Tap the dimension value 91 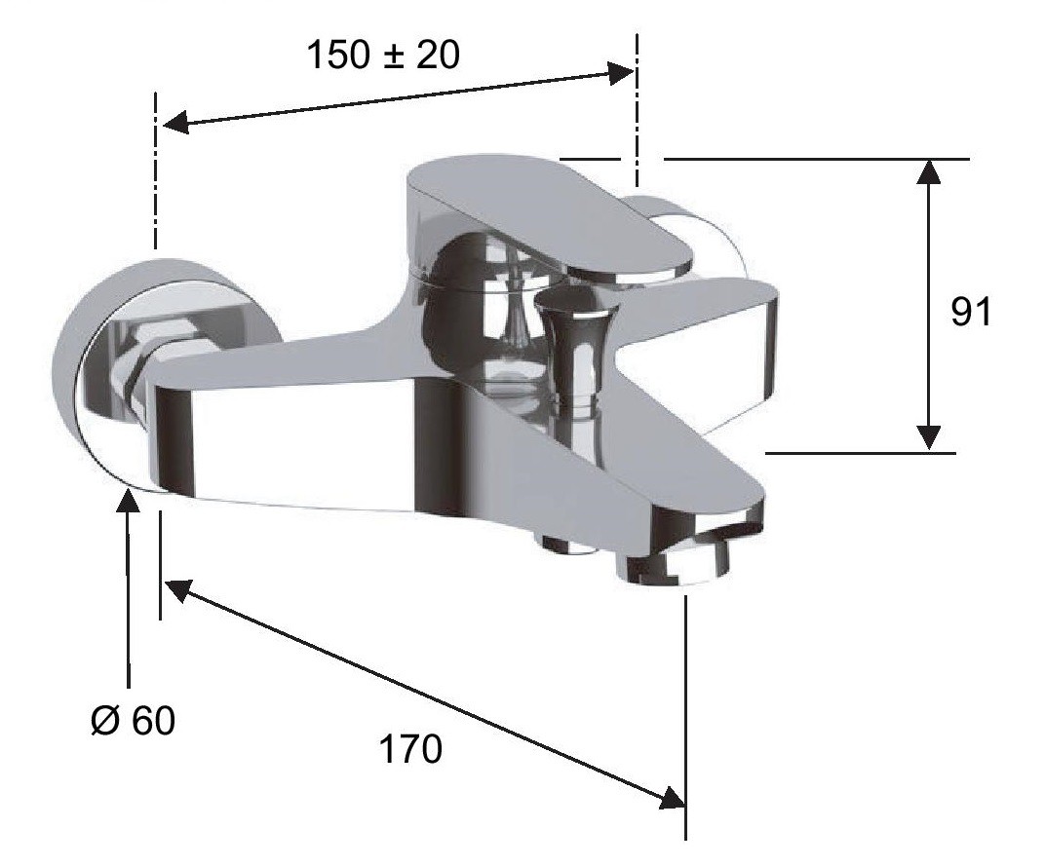pos(971,311)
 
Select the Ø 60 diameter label pos(133,720)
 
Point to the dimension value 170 pos(410,749)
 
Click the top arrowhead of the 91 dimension pos(928,171)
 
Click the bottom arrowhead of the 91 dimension pos(928,438)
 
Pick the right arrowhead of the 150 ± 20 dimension pos(620,72)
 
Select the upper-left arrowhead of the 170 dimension pos(177,589)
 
